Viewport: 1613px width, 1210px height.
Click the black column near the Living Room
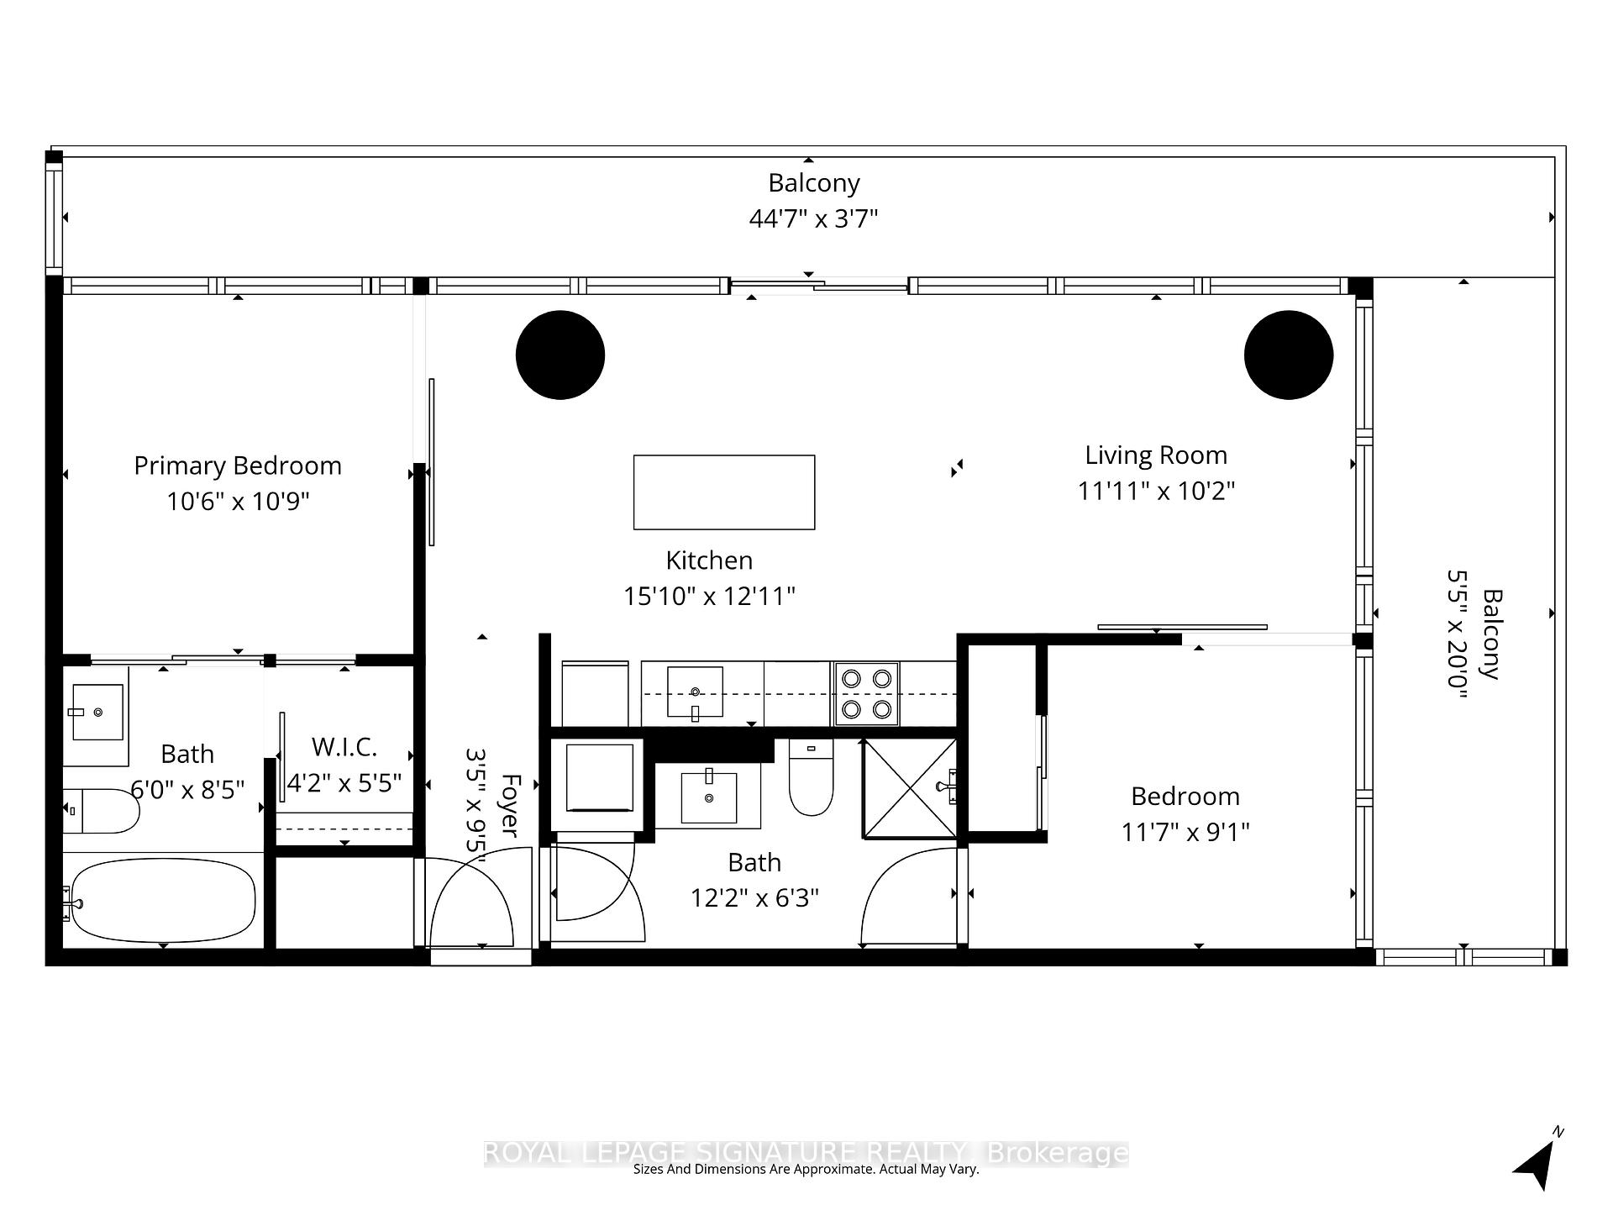coord(1288,355)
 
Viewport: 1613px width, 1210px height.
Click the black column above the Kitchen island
coord(560,355)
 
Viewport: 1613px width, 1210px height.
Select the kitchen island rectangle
coord(723,492)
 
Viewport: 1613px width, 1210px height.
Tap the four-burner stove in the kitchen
coord(866,694)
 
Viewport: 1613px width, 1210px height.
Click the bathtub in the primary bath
coord(163,900)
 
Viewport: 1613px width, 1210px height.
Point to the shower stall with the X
coord(910,788)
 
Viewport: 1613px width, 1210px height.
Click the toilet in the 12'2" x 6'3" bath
coord(811,780)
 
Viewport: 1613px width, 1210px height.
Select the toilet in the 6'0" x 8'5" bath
coord(102,811)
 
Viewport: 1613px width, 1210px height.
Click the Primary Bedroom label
coord(238,466)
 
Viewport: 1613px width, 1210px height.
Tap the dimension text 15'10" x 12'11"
coord(709,597)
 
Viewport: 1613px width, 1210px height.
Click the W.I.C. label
coord(344,746)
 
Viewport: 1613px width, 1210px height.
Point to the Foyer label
coord(509,805)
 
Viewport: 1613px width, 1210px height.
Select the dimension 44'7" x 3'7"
coord(813,219)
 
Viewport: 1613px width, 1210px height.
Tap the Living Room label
coord(1156,455)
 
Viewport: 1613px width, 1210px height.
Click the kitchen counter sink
coord(695,692)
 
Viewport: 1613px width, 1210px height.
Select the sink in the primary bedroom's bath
coord(97,712)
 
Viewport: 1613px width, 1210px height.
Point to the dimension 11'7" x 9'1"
coord(1185,833)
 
